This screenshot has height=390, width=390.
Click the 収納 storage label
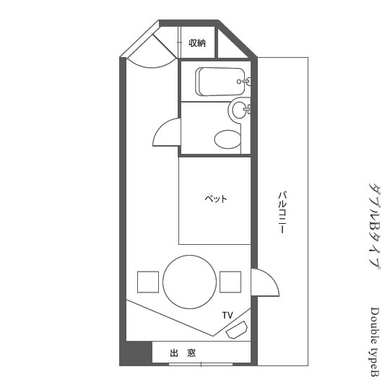197,43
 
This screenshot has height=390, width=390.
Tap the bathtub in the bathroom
220,82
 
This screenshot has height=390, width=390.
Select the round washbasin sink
240,110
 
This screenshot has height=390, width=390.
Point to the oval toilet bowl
227,139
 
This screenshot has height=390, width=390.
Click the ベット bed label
216,199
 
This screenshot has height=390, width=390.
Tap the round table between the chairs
189,282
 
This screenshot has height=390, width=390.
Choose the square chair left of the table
148,282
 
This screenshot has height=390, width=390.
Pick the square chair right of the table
230,282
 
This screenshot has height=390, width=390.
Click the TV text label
227,316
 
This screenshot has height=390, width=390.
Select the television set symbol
237,330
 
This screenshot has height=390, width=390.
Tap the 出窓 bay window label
183,353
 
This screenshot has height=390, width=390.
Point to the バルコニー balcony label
282,212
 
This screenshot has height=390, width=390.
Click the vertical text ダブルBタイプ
374,227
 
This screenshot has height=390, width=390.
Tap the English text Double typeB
375,342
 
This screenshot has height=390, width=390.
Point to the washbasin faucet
248,109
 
